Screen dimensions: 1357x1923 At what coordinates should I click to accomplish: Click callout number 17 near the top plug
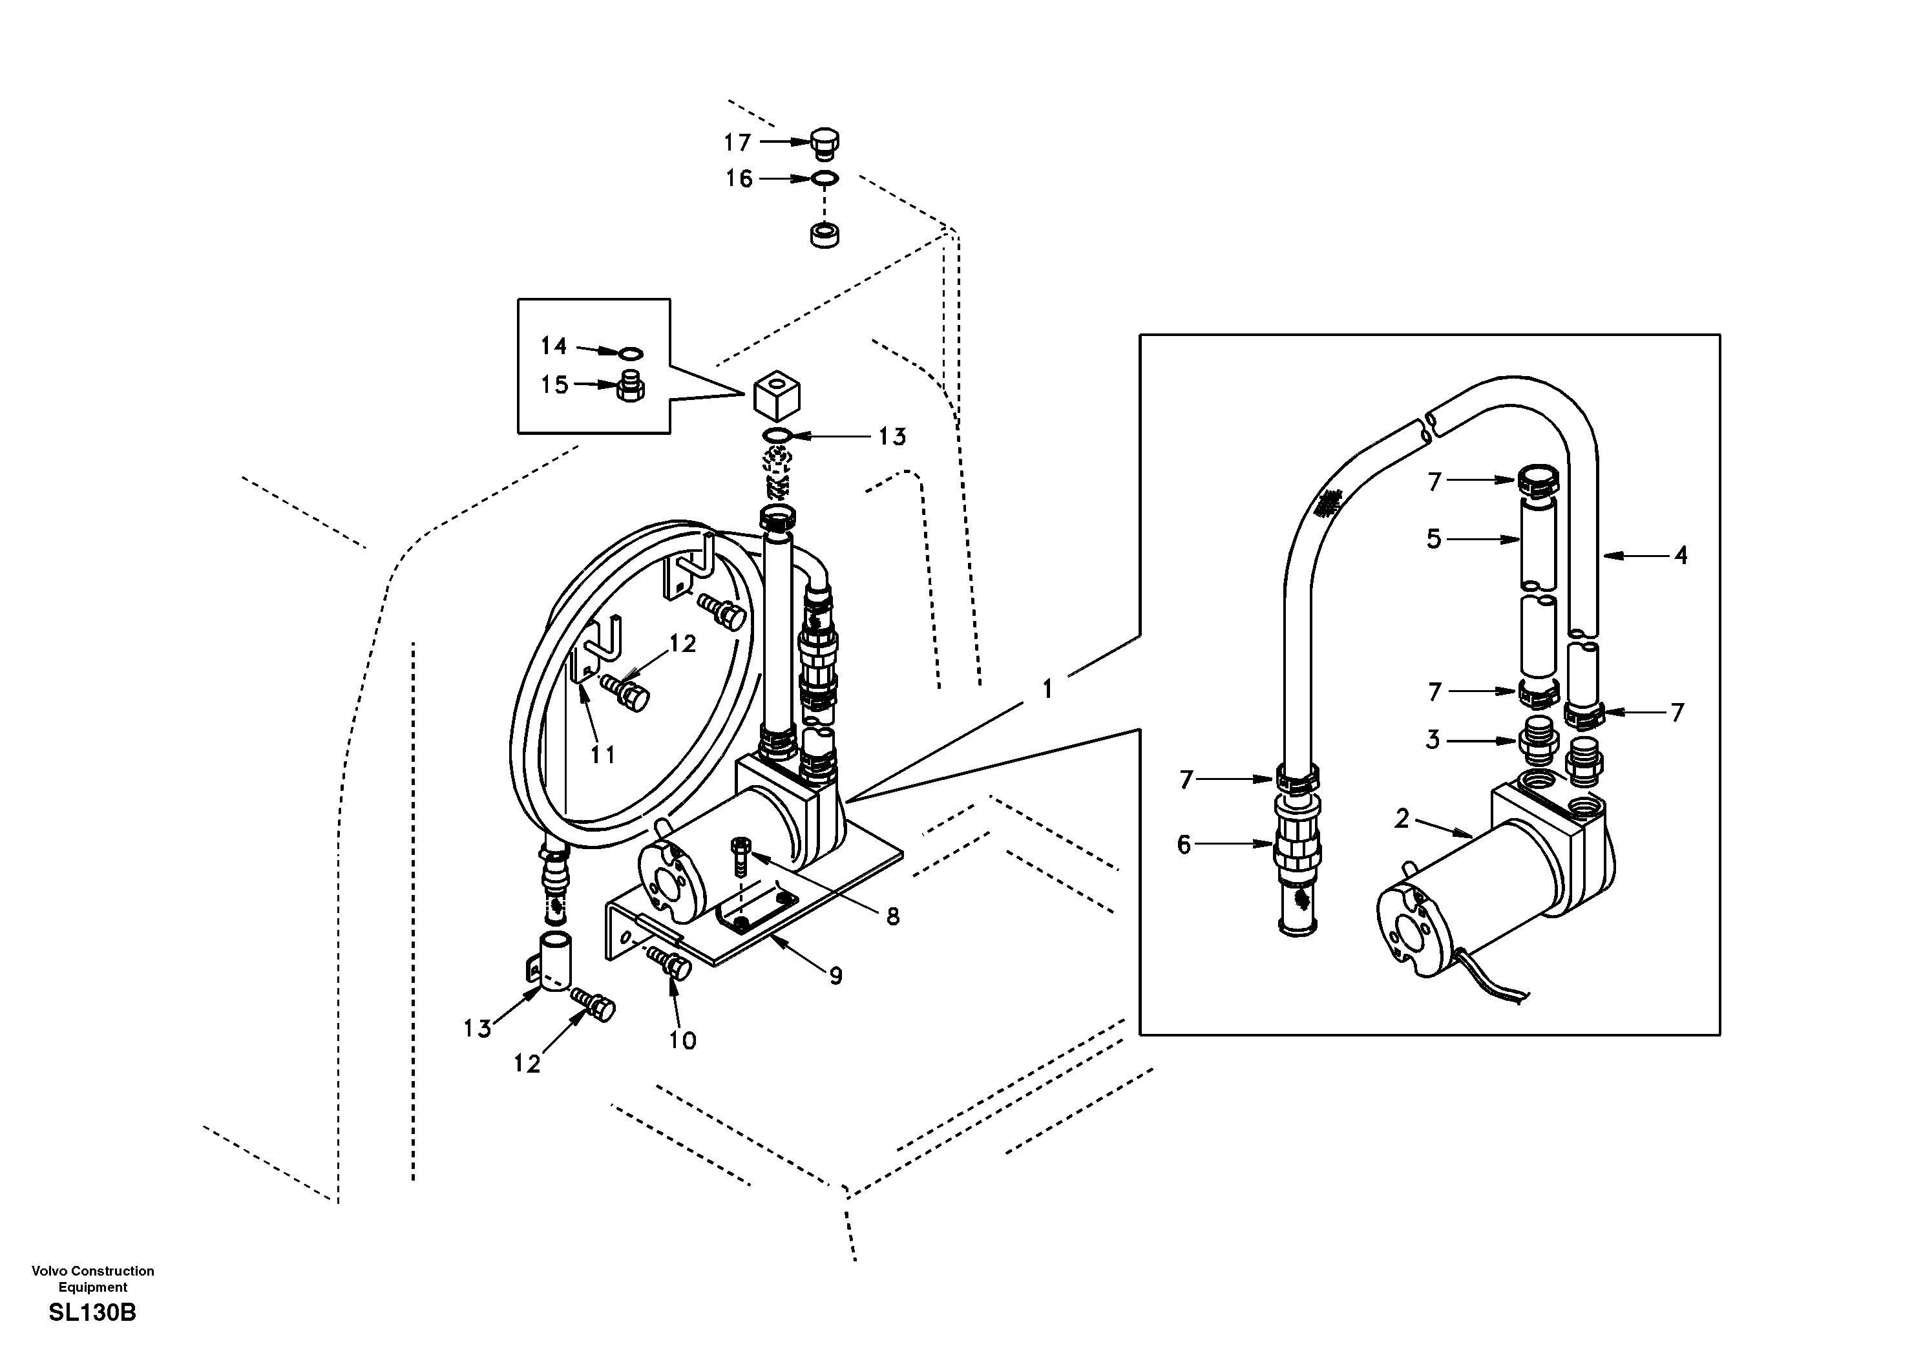[737, 143]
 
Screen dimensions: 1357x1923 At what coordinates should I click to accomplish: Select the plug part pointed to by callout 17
[825, 143]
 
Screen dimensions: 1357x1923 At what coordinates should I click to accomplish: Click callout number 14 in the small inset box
[554, 346]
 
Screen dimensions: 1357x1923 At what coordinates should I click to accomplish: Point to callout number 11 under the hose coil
[603, 755]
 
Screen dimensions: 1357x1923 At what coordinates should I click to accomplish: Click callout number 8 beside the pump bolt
[893, 917]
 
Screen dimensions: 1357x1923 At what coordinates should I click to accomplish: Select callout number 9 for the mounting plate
[835, 976]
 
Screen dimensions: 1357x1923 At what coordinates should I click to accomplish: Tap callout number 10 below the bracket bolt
[682, 1041]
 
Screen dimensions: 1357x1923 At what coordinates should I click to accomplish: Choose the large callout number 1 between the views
[1047, 689]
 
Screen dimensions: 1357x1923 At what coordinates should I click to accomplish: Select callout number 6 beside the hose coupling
[1183, 845]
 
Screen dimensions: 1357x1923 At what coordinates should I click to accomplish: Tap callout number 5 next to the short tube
[1434, 540]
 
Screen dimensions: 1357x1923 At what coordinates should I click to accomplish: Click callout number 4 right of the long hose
[1680, 554]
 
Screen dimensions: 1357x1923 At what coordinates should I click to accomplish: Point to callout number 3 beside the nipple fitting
[1433, 740]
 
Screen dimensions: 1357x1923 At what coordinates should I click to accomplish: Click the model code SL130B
[92, 1312]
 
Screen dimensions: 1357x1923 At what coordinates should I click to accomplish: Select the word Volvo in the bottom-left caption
[49, 1270]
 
